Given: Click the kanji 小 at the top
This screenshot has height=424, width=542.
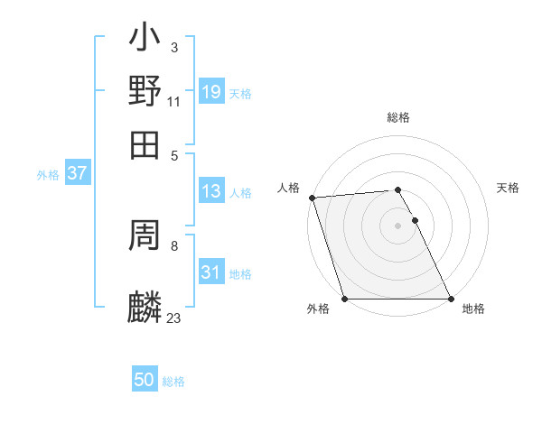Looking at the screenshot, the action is (x=145, y=40).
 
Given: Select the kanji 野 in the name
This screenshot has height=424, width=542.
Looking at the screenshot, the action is (x=145, y=92).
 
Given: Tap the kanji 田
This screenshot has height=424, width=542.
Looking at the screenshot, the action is (x=145, y=144).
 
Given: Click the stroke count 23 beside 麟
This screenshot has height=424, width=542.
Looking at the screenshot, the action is (x=173, y=318).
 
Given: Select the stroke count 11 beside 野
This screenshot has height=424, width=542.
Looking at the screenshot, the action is (x=173, y=101).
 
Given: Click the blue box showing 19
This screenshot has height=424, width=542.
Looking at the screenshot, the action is (x=211, y=92).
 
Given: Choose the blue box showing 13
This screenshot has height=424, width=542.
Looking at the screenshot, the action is (x=211, y=191).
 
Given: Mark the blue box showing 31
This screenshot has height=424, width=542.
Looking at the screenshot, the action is (x=211, y=272).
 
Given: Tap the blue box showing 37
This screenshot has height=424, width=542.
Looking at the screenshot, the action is (x=77, y=174).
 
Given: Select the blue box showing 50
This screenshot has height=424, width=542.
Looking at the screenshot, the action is (x=145, y=380).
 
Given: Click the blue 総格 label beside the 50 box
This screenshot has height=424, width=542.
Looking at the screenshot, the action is (x=173, y=382).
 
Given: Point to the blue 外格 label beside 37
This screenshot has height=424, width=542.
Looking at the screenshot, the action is (x=48, y=175).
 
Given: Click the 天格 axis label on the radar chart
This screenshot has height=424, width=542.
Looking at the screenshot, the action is (x=508, y=188).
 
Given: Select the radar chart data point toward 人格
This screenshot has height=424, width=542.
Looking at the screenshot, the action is (x=312, y=198).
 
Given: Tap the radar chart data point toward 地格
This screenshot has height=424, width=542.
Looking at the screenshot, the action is (x=451, y=299).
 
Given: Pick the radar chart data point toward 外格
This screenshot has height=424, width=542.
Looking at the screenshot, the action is (x=344, y=299).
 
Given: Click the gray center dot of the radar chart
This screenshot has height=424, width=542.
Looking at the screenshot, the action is (x=397, y=226).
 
